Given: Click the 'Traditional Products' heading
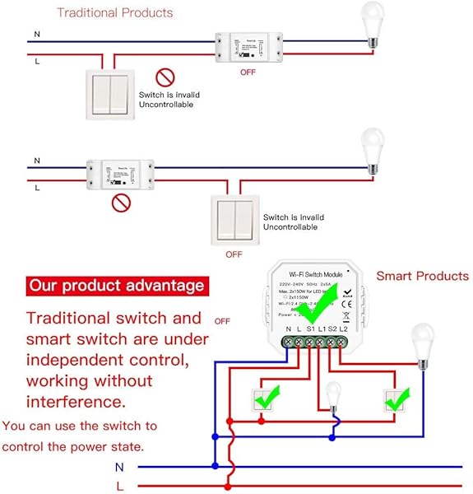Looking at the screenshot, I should click(114, 12).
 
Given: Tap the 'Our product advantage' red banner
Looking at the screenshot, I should click(116, 287).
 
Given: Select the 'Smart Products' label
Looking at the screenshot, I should click(422, 276).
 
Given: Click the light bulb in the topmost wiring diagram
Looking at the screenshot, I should click(373, 22).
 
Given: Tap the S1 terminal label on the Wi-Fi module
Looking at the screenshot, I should click(311, 330).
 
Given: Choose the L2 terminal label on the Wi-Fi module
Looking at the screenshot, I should click(344, 330).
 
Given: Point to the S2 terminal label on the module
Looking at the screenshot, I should click(333, 330).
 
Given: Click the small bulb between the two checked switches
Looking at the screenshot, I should click(333, 394).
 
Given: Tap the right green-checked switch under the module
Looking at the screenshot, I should click(397, 402).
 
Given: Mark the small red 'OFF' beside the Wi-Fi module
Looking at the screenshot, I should click(222, 320).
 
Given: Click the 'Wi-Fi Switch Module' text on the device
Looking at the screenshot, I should click(317, 275).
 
